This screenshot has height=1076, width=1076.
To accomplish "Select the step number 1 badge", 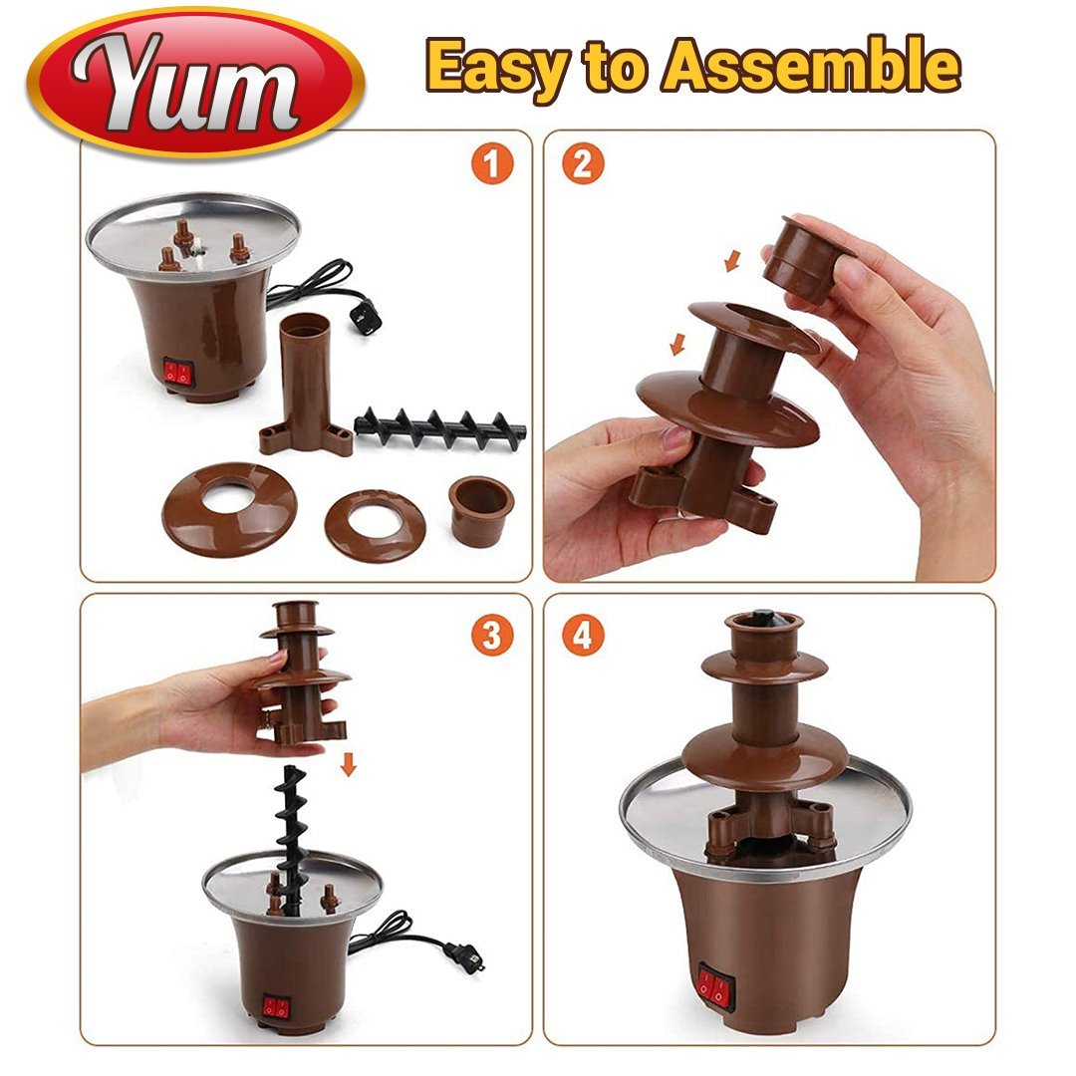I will (x=491, y=163).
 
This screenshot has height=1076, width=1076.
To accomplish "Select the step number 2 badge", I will (x=583, y=163).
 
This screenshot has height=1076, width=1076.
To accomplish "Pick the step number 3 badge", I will (x=491, y=634).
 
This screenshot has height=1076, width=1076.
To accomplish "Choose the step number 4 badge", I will (x=583, y=634).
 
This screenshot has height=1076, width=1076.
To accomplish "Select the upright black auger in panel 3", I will (x=291, y=837).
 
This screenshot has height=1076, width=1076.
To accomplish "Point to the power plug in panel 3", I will (x=462, y=954).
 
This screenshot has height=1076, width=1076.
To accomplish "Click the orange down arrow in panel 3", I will (x=348, y=766).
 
